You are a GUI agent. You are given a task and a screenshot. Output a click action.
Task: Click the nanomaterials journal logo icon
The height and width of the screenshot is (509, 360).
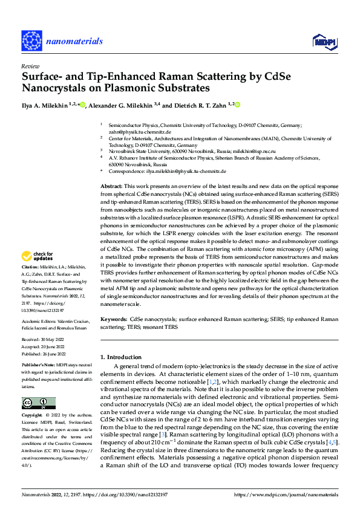(x=30, y=41)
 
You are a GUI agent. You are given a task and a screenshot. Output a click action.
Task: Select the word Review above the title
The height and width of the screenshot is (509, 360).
(x=29, y=66)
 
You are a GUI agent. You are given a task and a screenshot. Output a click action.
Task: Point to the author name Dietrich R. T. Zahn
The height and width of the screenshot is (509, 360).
(x=199, y=105)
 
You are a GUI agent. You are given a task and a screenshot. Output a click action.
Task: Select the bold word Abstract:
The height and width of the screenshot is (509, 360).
(x=111, y=186)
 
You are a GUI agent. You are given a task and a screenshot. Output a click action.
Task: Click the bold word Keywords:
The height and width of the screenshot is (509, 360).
(x=114, y=318)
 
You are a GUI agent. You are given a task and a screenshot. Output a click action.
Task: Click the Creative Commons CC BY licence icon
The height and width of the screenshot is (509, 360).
(x=38, y=403)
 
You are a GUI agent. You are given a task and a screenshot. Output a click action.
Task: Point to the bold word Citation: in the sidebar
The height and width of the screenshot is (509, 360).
(x=31, y=283)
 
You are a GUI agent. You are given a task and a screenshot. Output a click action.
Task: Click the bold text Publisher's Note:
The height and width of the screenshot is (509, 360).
(x=38, y=366)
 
